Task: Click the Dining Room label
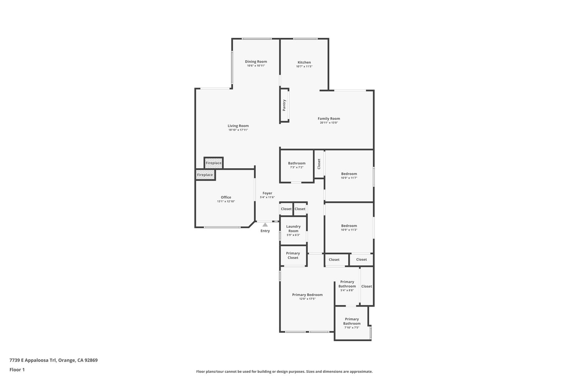(x=256, y=61)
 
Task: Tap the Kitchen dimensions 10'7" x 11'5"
(x=304, y=66)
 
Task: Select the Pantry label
(x=284, y=105)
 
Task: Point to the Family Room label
(x=329, y=119)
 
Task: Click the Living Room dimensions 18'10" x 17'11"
(x=238, y=130)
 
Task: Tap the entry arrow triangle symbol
(x=265, y=225)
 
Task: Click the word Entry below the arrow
(x=265, y=231)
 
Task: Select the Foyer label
(x=267, y=193)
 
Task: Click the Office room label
(x=226, y=197)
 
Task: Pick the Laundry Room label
(x=293, y=229)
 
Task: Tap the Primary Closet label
(x=293, y=255)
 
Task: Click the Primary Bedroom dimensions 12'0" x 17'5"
(x=307, y=299)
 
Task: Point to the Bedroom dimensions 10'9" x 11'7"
(x=349, y=178)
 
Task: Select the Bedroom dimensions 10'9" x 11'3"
(x=349, y=230)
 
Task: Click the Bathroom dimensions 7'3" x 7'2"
(x=297, y=168)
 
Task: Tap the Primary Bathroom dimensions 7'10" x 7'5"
(x=352, y=328)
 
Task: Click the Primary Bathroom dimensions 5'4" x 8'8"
(x=347, y=290)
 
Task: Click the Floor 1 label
(x=17, y=370)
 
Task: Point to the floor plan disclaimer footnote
(x=284, y=372)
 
